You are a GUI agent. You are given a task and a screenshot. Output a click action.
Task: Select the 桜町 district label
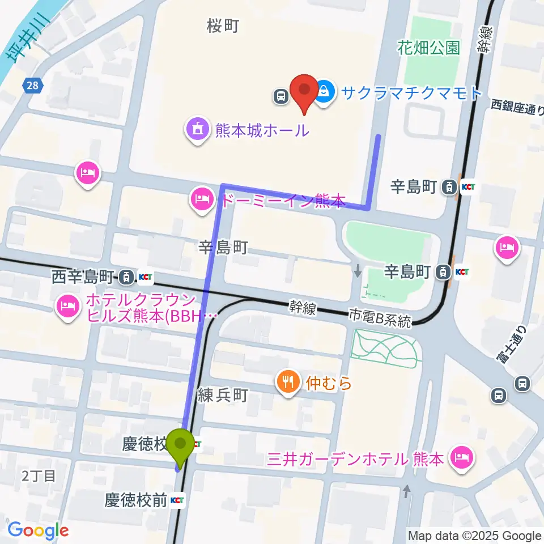click(223, 25)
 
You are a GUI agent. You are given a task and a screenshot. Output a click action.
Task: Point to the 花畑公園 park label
click(428, 48)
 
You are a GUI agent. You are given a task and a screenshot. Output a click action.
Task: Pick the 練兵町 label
click(223, 395)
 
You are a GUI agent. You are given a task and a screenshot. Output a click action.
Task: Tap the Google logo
click(37, 530)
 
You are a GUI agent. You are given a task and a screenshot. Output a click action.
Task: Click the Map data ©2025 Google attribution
click(475, 535)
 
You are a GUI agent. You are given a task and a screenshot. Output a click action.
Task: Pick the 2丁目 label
click(39, 475)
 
